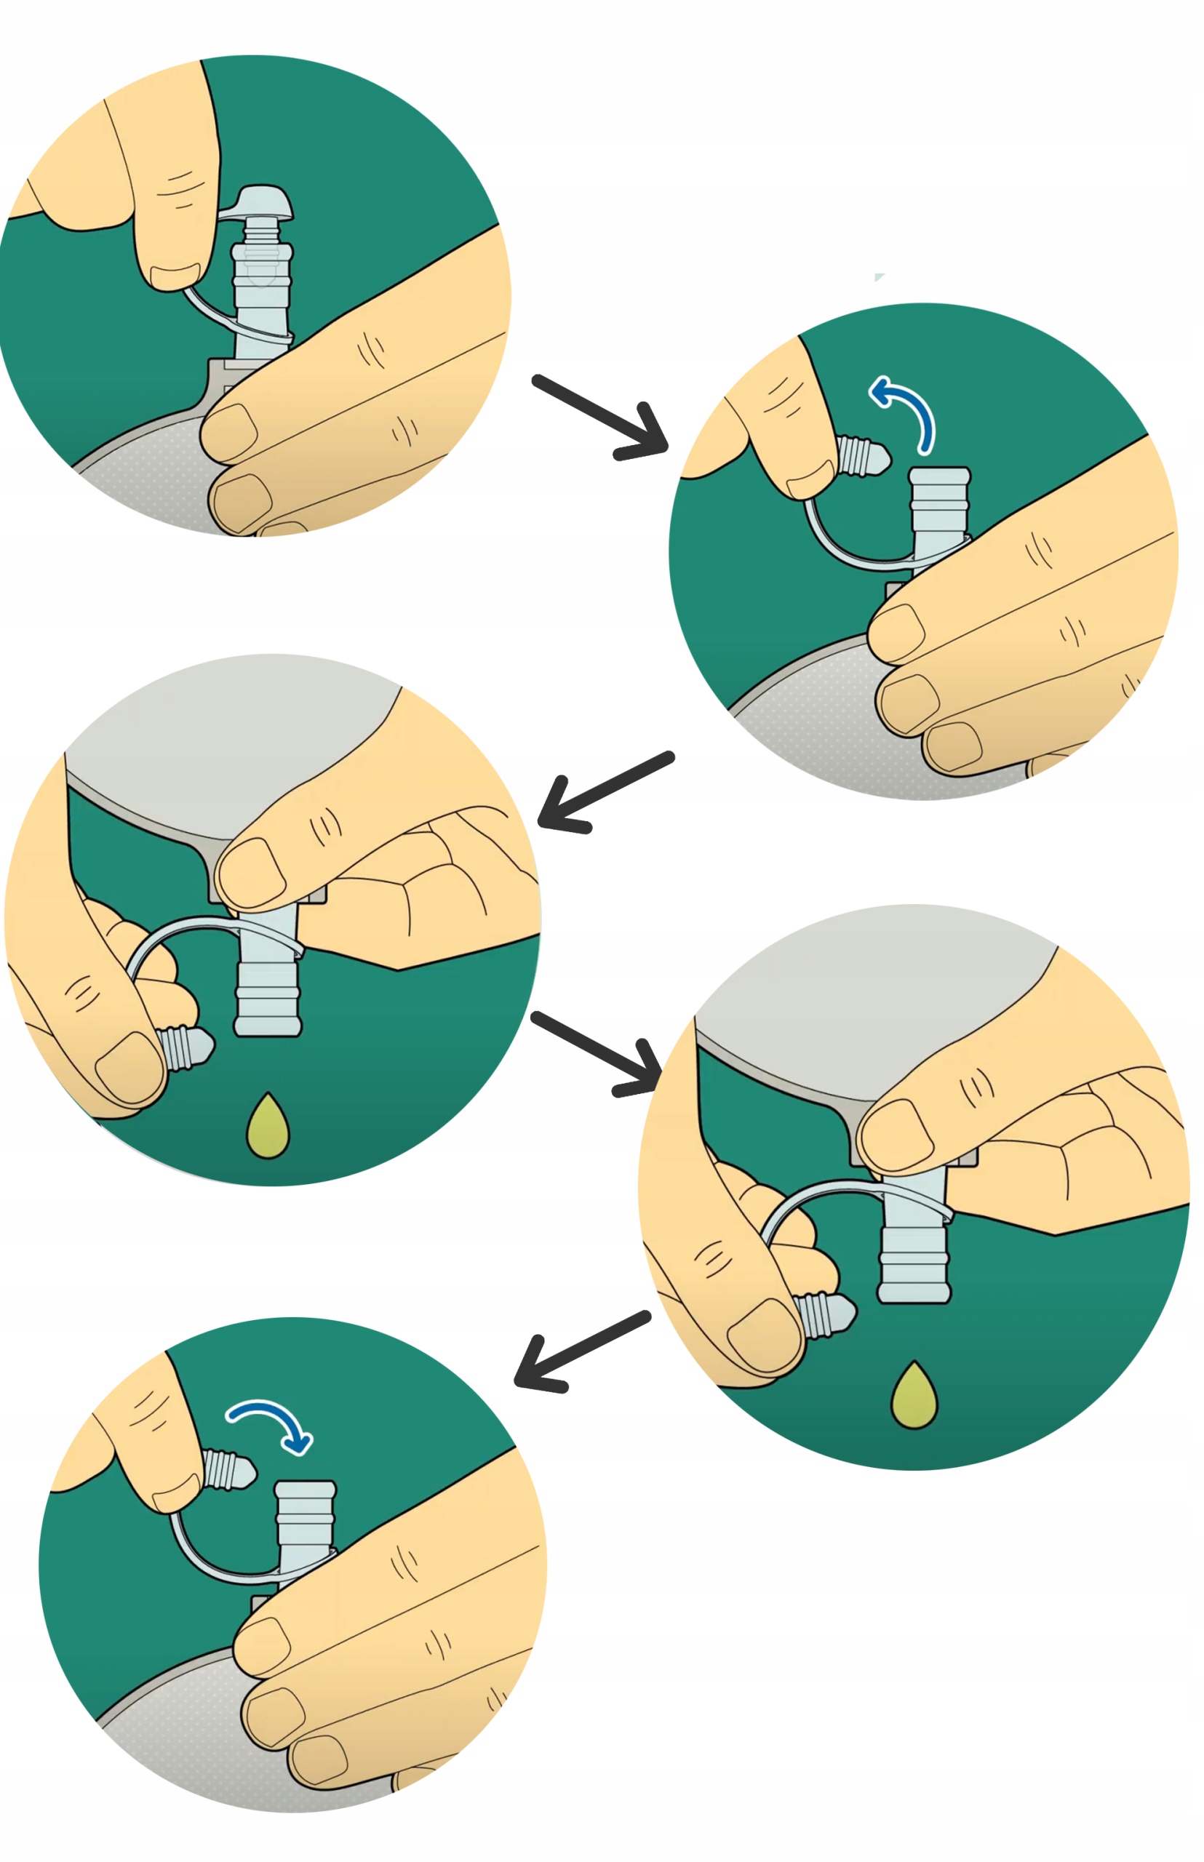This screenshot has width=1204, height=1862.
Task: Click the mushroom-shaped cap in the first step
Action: pos(263,202)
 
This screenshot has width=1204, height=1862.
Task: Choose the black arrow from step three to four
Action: pos(597,1053)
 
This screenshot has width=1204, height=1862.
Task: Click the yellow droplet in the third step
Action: pos(268,1127)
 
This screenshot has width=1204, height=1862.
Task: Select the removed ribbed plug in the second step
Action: pos(862,456)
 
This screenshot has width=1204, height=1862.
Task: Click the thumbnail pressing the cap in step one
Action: pos(175,276)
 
